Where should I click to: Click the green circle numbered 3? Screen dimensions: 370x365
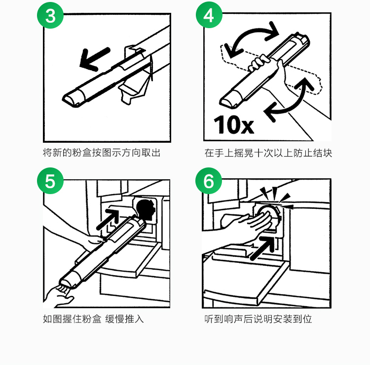click(x=50, y=15)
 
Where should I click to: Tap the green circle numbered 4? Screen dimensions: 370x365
click(x=209, y=15)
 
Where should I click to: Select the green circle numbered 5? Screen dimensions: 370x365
click(x=50, y=181)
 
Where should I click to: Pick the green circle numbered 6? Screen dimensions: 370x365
click(x=209, y=181)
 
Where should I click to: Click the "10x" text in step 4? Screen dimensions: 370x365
click(x=234, y=125)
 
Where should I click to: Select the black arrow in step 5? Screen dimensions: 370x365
click(x=108, y=219)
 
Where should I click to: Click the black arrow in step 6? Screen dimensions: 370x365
click(x=262, y=248)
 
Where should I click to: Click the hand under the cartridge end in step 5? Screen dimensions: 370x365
click(x=60, y=296)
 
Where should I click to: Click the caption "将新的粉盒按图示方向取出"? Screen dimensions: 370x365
click(x=102, y=153)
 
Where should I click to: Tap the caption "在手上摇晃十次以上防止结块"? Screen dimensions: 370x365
click(x=268, y=153)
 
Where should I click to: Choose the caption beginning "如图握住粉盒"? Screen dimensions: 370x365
click(x=93, y=319)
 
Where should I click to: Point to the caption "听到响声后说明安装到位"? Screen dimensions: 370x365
click(x=258, y=319)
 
